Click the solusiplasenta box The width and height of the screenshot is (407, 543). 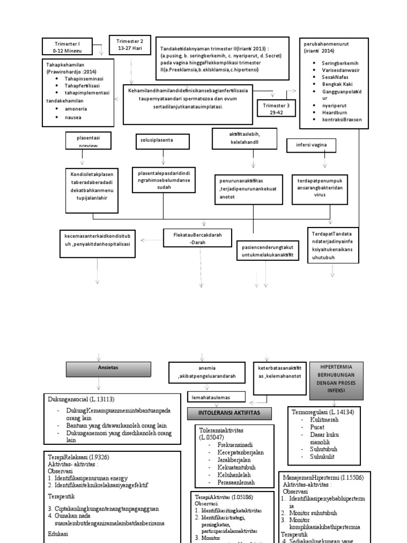[157, 142]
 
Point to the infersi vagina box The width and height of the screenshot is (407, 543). [311, 145]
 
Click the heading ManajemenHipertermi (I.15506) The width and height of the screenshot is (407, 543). [322, 477]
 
